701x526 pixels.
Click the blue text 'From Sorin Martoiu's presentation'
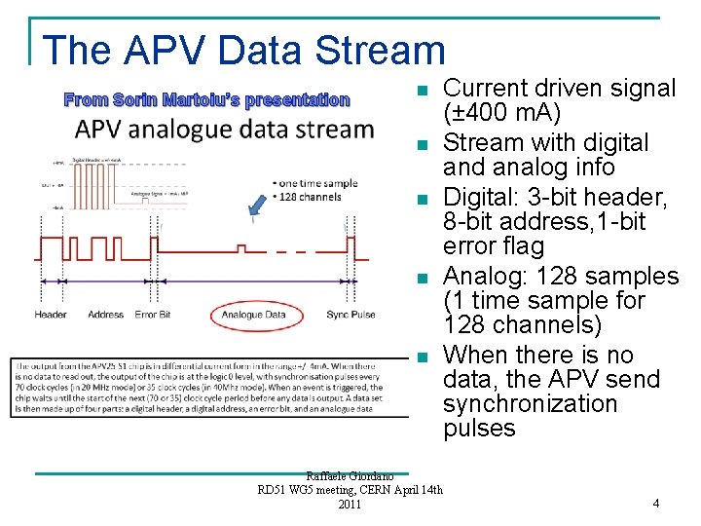(206, 99)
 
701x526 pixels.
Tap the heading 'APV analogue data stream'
(225, 130)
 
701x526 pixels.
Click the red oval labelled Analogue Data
(254, 315)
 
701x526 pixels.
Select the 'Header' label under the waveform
(51, 315)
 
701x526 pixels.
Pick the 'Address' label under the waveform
(105, 315)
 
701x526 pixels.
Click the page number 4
(655, 504)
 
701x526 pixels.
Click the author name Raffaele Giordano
(350, 475)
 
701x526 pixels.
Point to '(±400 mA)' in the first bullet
(501, 112)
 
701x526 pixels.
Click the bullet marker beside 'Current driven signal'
(421, 92)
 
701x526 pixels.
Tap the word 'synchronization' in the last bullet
(530, 403)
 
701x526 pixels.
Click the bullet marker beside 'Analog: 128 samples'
(421, 280)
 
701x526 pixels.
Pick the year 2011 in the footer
(350, 504)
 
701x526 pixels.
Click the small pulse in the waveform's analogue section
(242, 246)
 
